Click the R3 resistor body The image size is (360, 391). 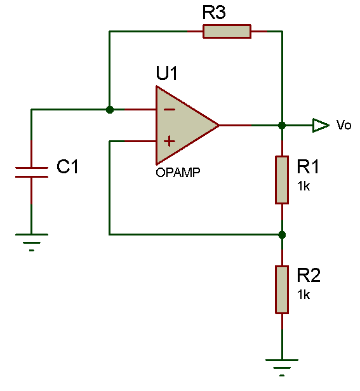(x=227, y=32)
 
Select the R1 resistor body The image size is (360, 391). (x=282, y=180)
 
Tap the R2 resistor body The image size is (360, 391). (x=282, y=289)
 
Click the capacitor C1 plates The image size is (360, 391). (x=32, y=172)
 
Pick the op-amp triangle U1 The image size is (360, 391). (x=187, y=125)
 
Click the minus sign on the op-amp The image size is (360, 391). (x=170, y=109)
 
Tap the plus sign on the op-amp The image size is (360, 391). (x=170, y=141)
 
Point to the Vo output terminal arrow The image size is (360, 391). (x=321, y=125)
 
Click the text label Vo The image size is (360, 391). (x=343, y=124)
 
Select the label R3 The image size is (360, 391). (x=214, y=12)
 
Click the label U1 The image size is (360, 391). (x=166, y=73)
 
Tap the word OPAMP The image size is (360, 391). (x=178, y=172)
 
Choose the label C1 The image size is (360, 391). (x=67, y=166)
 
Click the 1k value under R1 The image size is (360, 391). (x=303, y=186)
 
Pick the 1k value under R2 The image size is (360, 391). (x=303, y=295)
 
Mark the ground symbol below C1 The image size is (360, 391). (x=32, y=242)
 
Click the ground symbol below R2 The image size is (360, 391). (x=282, y=368)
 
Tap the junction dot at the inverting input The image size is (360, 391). (x=109, y=109)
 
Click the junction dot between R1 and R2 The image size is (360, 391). (x=282, y=235)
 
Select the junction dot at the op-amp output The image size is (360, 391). (x=282, y=125)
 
